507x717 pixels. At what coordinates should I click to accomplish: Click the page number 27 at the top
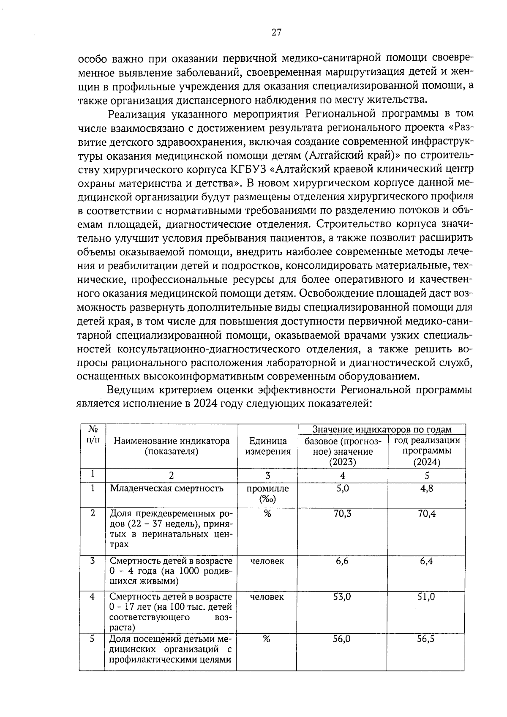276,33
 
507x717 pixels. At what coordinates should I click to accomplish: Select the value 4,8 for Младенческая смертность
427,488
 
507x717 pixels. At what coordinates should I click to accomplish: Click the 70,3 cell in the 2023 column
342,513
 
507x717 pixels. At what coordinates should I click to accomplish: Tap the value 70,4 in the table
427,513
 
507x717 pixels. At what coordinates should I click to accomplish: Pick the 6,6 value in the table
342,561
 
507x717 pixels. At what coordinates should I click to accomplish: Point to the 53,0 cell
342,597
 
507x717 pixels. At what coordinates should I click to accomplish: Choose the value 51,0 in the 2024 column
427,597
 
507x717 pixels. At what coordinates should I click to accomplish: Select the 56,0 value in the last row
342,639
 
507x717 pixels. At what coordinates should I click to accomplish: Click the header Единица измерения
268,446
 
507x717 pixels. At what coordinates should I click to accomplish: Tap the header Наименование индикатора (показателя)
172,446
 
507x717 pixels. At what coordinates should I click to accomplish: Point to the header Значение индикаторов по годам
382,429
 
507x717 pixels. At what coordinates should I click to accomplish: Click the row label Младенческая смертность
166,488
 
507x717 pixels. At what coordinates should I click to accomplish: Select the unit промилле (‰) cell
267,493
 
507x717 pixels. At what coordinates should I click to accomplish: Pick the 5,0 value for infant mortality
342,488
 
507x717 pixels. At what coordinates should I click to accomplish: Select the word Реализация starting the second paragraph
137,114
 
